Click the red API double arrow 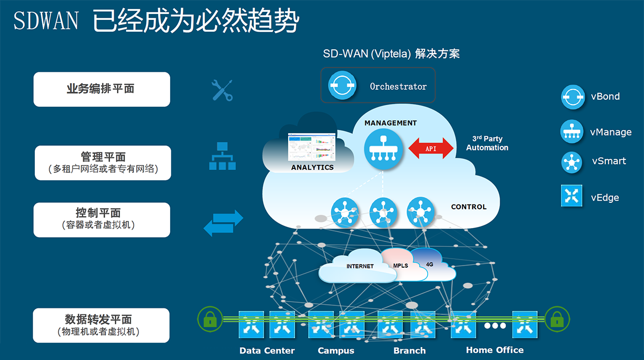[x=431, y=148]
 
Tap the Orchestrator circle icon [x=342, y=86]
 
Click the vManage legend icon [x=572, y=132]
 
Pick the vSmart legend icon [x=572, y=163]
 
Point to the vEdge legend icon [x=572, y=196]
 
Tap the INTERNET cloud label [x=360, y=266]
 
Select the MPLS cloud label [x=400, y=266]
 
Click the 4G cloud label [x=429, y=264]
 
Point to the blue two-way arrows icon [x=223, y=223]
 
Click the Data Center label [x=267, y=351]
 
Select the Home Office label [x=494, y=350]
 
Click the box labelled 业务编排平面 [x=102, y=89]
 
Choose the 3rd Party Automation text [x=487, y=143]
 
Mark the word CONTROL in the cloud [x=469, y=207]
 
